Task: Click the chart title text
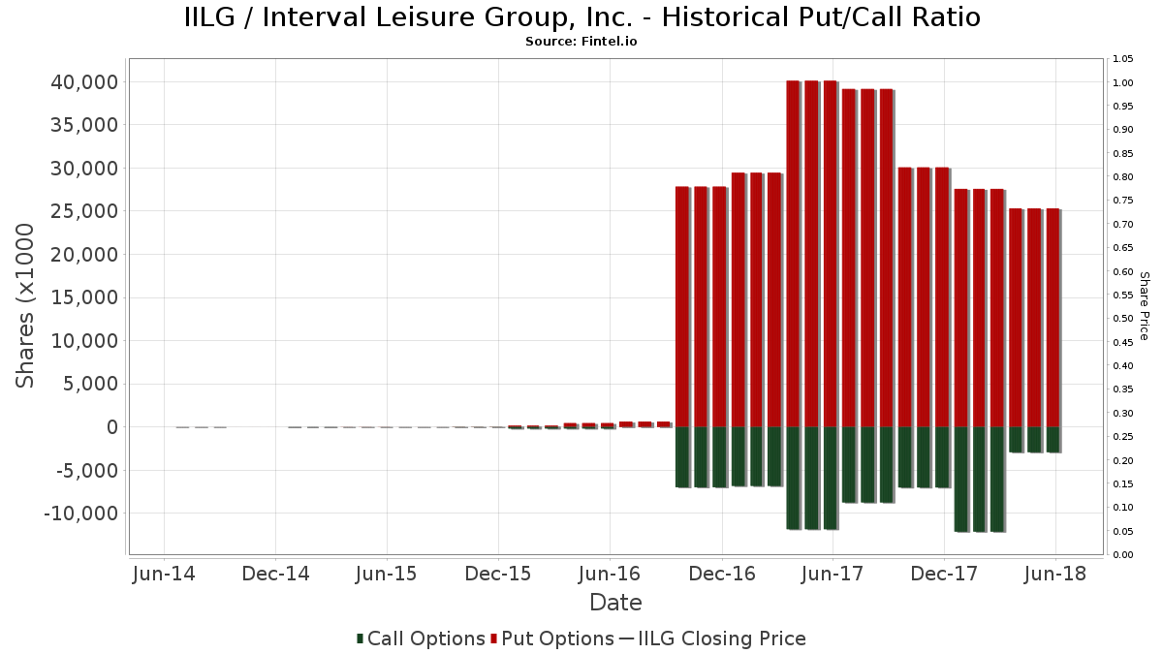[x=581, y=17]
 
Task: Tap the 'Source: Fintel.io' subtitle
[x=581, y=42]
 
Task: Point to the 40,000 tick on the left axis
[x=84, y=82]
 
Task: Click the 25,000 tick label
[x=84, y=211]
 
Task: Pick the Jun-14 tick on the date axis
[x=164, y=574]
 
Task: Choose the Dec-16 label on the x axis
[x=722, y=574]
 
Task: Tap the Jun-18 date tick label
[x=1055, y=574]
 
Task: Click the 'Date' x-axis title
[x=615, y=603]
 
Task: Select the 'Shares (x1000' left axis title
[x=26, y=306]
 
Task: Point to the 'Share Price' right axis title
[x=1144, y=306]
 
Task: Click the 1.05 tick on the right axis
[x=1123, y=59]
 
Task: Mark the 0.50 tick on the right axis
[x=1123, y=319]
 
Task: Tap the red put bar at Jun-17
[x=830, y=252]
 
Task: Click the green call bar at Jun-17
[x=830, y=478]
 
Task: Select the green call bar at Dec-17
[x=941, y=456]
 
